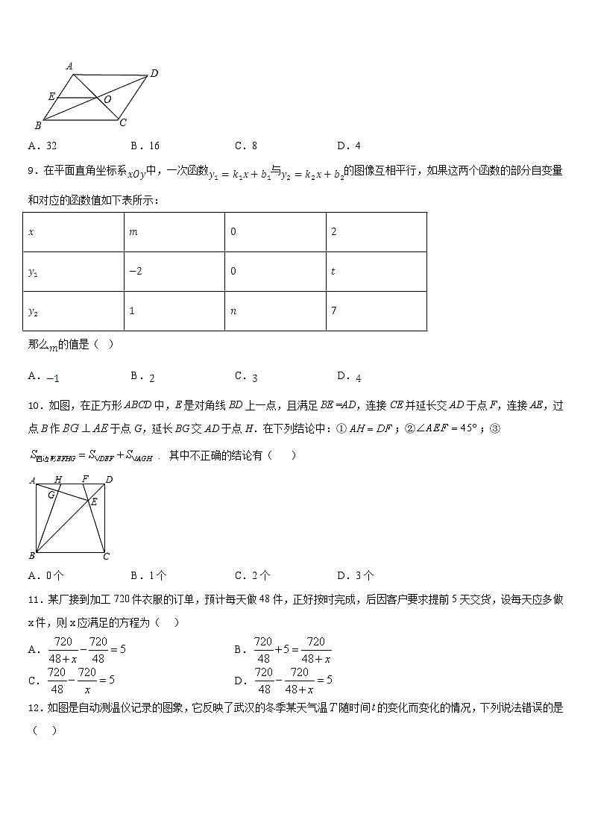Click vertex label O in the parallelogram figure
pos(108,99)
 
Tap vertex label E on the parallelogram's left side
pos(51,96)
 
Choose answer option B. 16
pos(145,146)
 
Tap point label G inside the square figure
pos(51,494)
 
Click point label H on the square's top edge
pos(58,479)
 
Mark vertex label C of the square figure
pos(107,556)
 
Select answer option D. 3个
pos(356,575)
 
